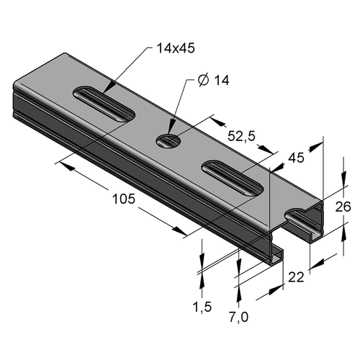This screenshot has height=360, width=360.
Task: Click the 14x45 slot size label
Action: point(176,48)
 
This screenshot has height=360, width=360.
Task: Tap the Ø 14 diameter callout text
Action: point(214,80)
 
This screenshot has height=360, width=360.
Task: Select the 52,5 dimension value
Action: point(242,137)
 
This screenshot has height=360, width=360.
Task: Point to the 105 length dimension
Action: point(124,199)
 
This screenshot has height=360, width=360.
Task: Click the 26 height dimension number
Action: point(343,207)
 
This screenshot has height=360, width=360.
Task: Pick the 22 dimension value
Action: point(296,277)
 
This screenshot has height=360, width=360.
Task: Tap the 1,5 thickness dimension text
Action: point(202,307)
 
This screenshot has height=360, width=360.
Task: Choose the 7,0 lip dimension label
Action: point(238,318)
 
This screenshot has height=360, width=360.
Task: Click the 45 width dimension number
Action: point(296,158)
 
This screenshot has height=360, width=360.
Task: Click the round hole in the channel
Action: point(168,140)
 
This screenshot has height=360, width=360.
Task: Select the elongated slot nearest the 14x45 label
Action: point(104,104)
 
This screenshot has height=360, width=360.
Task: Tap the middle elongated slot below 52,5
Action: point(233,179)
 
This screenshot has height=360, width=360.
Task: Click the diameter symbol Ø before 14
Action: point(203,81)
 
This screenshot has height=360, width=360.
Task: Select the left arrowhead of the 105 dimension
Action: point(66,166)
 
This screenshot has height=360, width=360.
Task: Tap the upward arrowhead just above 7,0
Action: point(238,294)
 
